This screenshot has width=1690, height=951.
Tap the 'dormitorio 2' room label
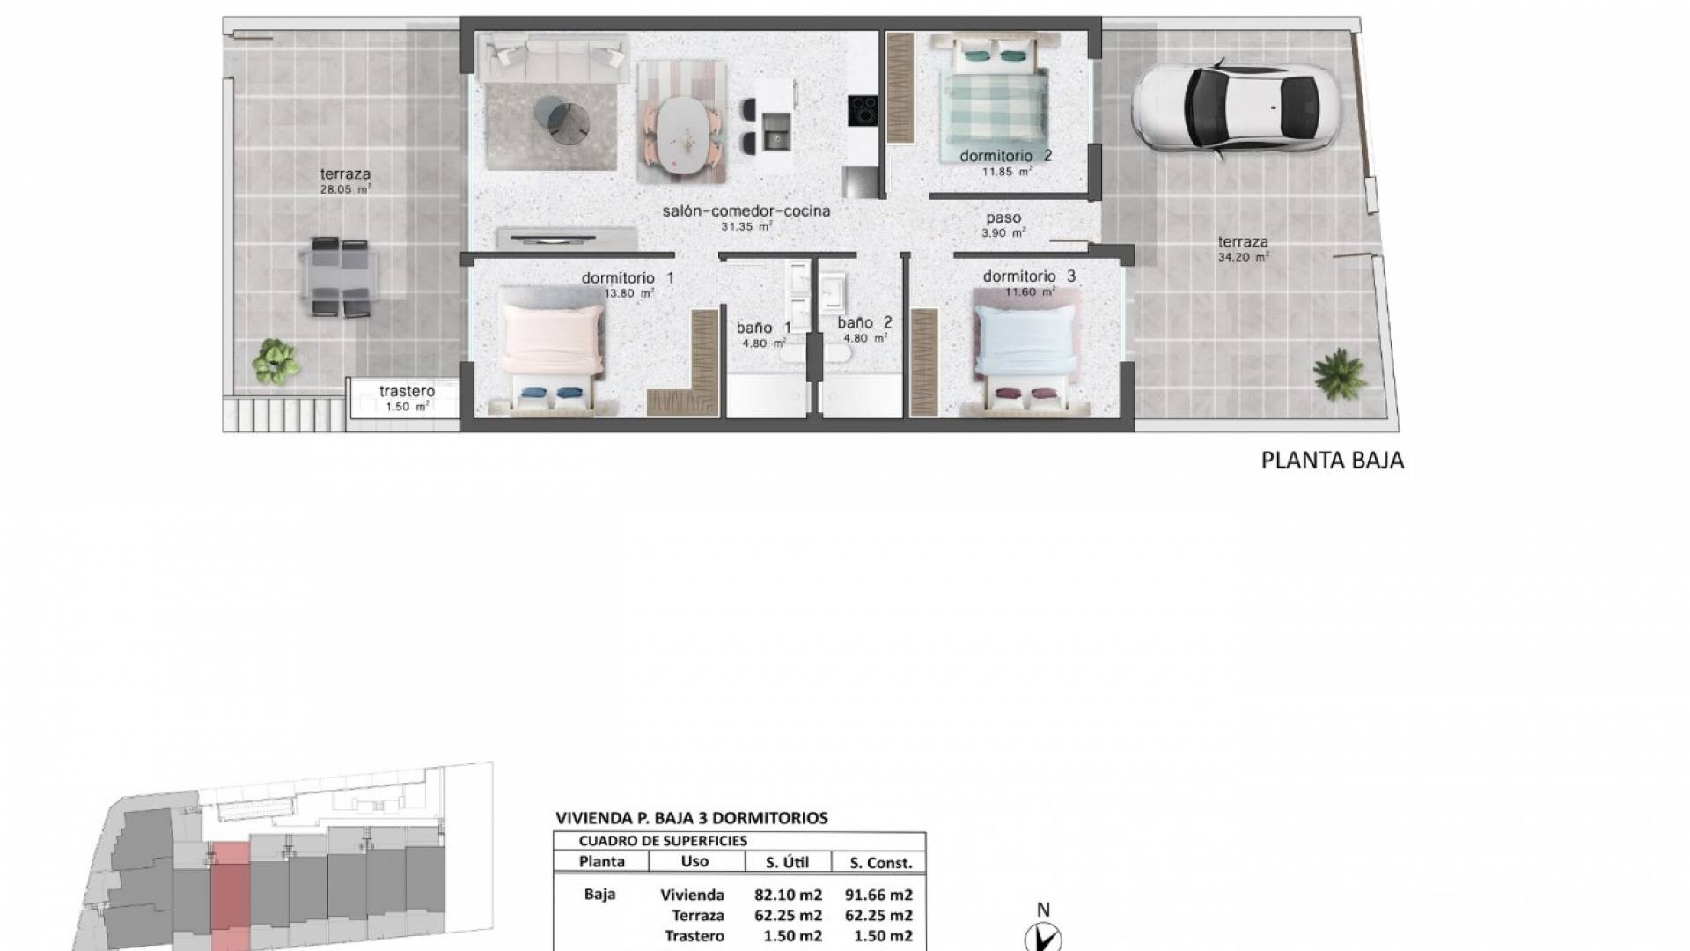(x=1005, y=156)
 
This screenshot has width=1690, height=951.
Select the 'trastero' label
(x=407, y=391)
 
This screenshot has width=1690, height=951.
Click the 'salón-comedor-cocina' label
(x=746, y=211)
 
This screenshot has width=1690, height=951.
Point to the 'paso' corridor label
(x=1003, y=218)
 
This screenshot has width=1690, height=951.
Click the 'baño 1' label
(x=763, y=328)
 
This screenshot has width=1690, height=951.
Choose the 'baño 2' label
(x=864, y=323)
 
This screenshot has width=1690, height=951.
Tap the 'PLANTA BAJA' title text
(x=1333, y=461)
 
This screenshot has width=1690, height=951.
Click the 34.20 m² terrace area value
(x=1244, y=258)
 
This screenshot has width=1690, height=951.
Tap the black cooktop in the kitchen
(x=863, y=111)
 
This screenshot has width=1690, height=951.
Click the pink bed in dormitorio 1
(x=551, y=353)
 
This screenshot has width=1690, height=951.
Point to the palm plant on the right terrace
(x=1339, y=373)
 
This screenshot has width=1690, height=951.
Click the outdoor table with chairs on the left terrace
(x=341, y=277)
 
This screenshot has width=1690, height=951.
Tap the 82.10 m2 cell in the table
(x=788, y=896)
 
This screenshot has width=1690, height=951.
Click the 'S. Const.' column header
(x=881, y=863)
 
